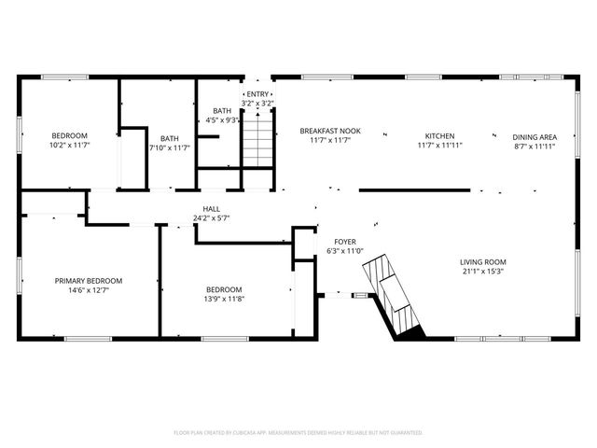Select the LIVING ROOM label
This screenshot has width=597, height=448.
[482, 262]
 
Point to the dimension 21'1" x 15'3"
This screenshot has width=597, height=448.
[482, 273]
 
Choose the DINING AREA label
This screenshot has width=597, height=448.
[535, 136]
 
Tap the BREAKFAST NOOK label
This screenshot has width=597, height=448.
[330, 132]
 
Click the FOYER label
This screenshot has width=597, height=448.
[345, 242]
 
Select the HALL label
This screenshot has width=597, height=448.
[211, 208]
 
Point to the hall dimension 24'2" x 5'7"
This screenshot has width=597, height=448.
[211, 218]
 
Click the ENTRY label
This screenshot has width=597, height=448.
[257, 94]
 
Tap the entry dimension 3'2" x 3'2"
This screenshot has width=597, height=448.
[257, 104]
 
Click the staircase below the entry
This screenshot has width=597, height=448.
[257, 140]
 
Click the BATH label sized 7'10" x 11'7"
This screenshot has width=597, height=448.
[169, 138]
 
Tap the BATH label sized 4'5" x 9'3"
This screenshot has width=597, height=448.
[222, 111]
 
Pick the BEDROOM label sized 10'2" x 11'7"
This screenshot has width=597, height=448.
[68, 136]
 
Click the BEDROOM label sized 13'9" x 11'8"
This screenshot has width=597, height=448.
[224, 289]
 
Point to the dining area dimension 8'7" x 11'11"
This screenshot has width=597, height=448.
[535, 147]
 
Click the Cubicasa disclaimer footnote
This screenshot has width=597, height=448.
[298, 432]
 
